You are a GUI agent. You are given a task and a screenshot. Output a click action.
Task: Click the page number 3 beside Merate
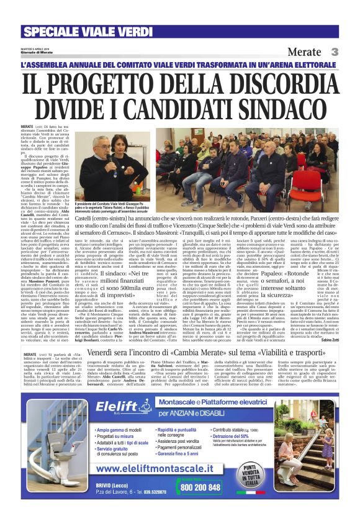(333, 52)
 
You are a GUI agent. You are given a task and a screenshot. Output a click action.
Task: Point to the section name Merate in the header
(305, 52)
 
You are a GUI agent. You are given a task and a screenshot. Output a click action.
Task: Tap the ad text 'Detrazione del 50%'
(243, 437)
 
